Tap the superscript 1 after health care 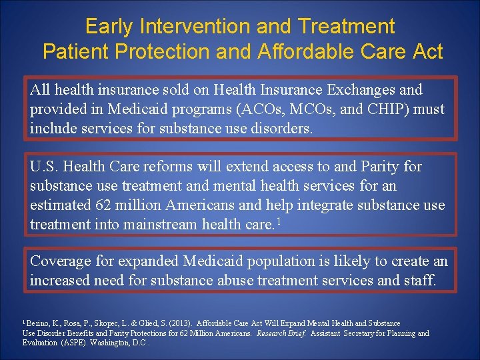(x=278, y=221)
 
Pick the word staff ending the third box (x=419, y=280)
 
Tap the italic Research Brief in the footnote (x=285, y=333)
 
